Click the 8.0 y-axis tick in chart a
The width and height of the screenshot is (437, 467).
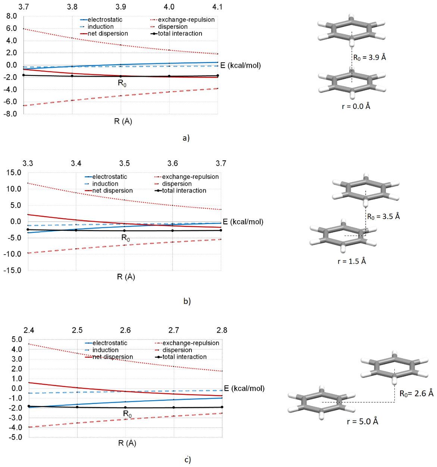[x=12, y=16]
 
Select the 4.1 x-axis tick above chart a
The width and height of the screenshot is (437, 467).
[x=217, y=7]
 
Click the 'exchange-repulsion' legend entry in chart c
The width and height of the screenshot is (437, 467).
[x=187, y=343]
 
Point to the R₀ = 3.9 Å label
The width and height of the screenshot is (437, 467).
[x=369, y=57]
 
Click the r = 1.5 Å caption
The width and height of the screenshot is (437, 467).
[x=352, y=261]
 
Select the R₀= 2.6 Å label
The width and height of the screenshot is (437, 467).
[x=416, y=393]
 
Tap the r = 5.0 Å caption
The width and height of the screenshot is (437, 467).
[x=362, y=421]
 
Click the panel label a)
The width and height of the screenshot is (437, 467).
[x=186, y=138]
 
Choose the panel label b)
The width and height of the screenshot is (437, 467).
[x=187, y=301]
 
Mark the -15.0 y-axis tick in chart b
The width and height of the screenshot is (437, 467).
[x=12, y=270]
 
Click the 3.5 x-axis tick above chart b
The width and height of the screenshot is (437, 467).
[x=124, y=163]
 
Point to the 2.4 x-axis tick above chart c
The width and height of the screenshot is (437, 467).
[x=29, y=330]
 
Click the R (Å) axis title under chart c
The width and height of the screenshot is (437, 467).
[x=127, y=443]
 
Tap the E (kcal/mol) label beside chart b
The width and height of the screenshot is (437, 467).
[x=243, y=222]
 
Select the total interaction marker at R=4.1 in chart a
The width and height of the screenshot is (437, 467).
[x=218, y=76]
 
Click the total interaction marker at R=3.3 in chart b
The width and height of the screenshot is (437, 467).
[x=28, y=230]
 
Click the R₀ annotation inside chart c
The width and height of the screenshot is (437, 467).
[x=127, y=414]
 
